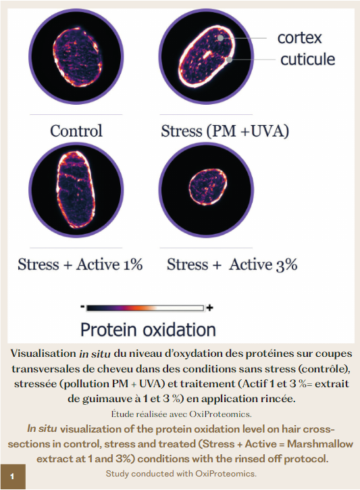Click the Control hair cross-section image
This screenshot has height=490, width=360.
(x=76, y=57)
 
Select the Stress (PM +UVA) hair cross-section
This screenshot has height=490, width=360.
(x=206, y=57)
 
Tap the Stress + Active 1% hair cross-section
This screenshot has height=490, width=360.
(x=76, y=190)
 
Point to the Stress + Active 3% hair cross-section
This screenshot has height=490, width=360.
(x=206, y=190)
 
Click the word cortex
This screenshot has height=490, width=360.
(x=299, y=38)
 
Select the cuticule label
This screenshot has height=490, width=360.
(x=307, y=59)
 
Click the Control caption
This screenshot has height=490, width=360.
(x=76, y=130)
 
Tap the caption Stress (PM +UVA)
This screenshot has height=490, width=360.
(x=225, y=131)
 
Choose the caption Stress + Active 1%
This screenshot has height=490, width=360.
(x=80, y=264)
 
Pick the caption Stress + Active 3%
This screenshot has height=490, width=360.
(x=232, y=264)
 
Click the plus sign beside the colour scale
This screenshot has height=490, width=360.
(x=210, y=308)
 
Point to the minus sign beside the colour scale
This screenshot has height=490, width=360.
(x=82, y=308)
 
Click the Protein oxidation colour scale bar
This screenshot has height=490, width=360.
(x=145, y=308)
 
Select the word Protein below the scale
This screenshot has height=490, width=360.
(x=109, y=329)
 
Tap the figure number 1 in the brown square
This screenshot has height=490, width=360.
(x=12, y=476)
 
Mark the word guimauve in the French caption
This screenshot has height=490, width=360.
(x=108, y=399)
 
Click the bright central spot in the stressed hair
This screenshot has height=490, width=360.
(x=207, y=55)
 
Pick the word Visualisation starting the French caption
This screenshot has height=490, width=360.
(x=43, y=353)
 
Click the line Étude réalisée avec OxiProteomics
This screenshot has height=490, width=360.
(x=182, y=414)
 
